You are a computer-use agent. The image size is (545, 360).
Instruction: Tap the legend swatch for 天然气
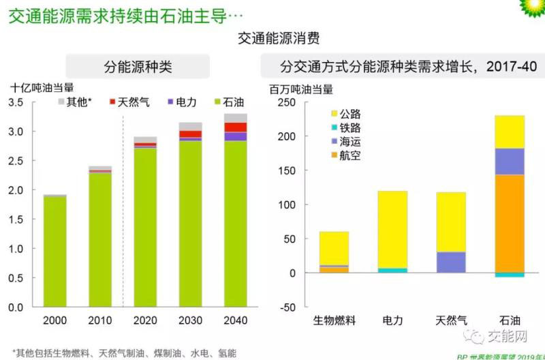point(113,102)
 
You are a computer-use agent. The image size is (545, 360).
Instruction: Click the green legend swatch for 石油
point(218,102)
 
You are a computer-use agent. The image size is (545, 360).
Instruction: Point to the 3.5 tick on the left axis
point(15,102)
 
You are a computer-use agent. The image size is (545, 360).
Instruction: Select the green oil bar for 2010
point(100,239)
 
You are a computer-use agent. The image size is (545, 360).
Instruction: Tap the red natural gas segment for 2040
point(235,127)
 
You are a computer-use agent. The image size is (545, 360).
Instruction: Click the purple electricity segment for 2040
point(235,136)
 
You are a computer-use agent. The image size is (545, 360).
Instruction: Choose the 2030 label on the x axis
point(190,321)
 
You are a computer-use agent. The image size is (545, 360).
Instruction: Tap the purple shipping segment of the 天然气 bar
point(450,262)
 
